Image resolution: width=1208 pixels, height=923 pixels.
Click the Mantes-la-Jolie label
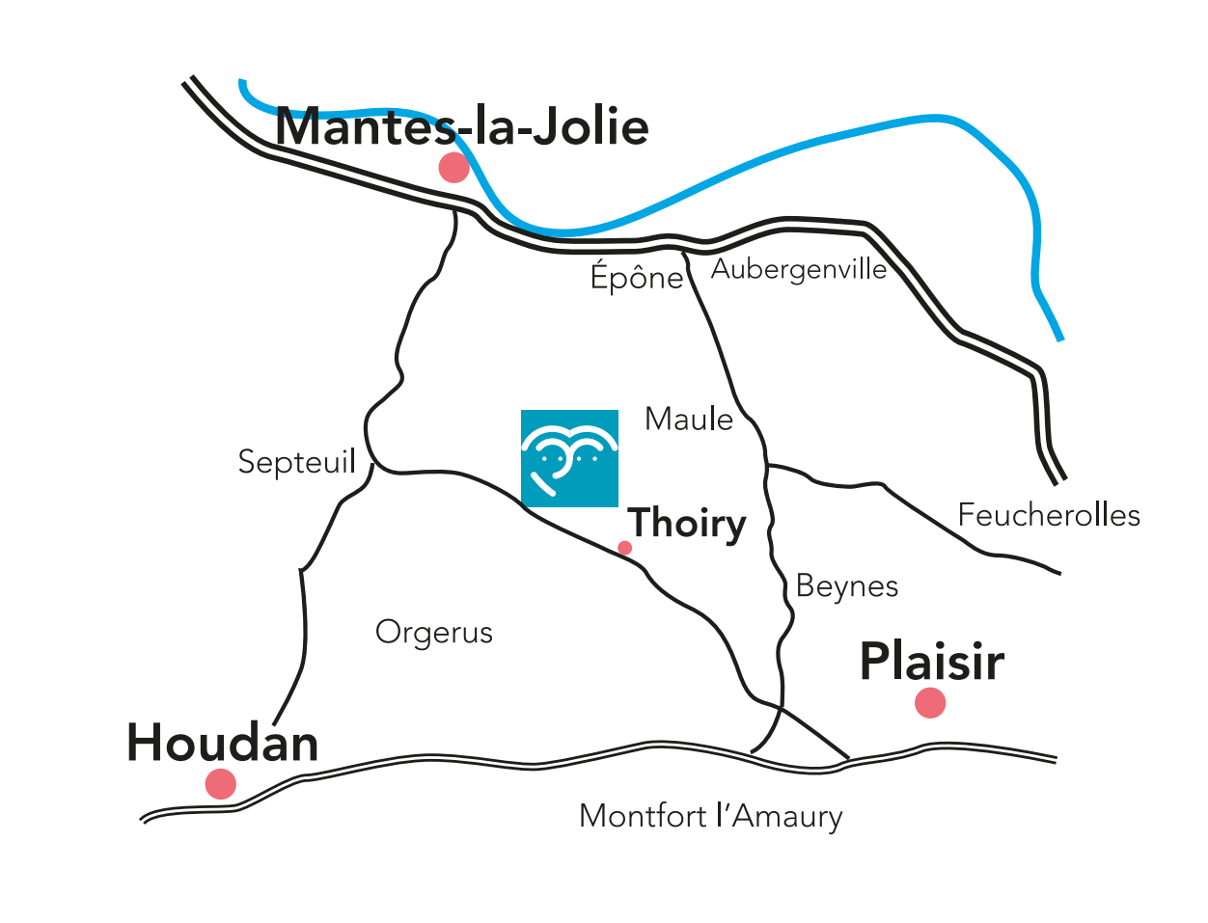click(x=461, y=127)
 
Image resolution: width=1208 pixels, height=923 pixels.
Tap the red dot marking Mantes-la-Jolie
click(x=453, y=167)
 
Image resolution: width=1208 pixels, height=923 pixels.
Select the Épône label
click(x=637, y=278)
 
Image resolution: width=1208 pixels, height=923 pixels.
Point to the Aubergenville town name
click(x=799, y=269)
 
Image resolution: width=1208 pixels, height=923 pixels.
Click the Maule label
click(x=689, y=420)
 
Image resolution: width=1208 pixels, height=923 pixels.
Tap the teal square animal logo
click(x=569, y=458)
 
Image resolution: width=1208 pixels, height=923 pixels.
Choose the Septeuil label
click(x=297, y=463)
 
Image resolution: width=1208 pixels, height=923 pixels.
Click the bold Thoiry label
click(x=687, y=524)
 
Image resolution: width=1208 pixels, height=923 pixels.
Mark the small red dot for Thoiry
click(x=624, y=548)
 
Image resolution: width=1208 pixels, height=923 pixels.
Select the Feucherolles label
click(x=1049, y=515)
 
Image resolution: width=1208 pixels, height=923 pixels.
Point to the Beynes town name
click(x=847, y=586)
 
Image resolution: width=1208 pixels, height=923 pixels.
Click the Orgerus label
click(x=434, y=633)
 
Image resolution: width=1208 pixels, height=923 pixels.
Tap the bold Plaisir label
click(x=932, y=663)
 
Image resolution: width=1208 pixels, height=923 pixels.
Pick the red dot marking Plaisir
click(x=930, y=703)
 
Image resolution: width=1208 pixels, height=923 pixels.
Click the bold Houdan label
click(x=223, y=744)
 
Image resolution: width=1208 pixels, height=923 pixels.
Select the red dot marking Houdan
click(x=221, y=784)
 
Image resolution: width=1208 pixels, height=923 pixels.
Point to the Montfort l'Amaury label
click(x=711, y=817)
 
